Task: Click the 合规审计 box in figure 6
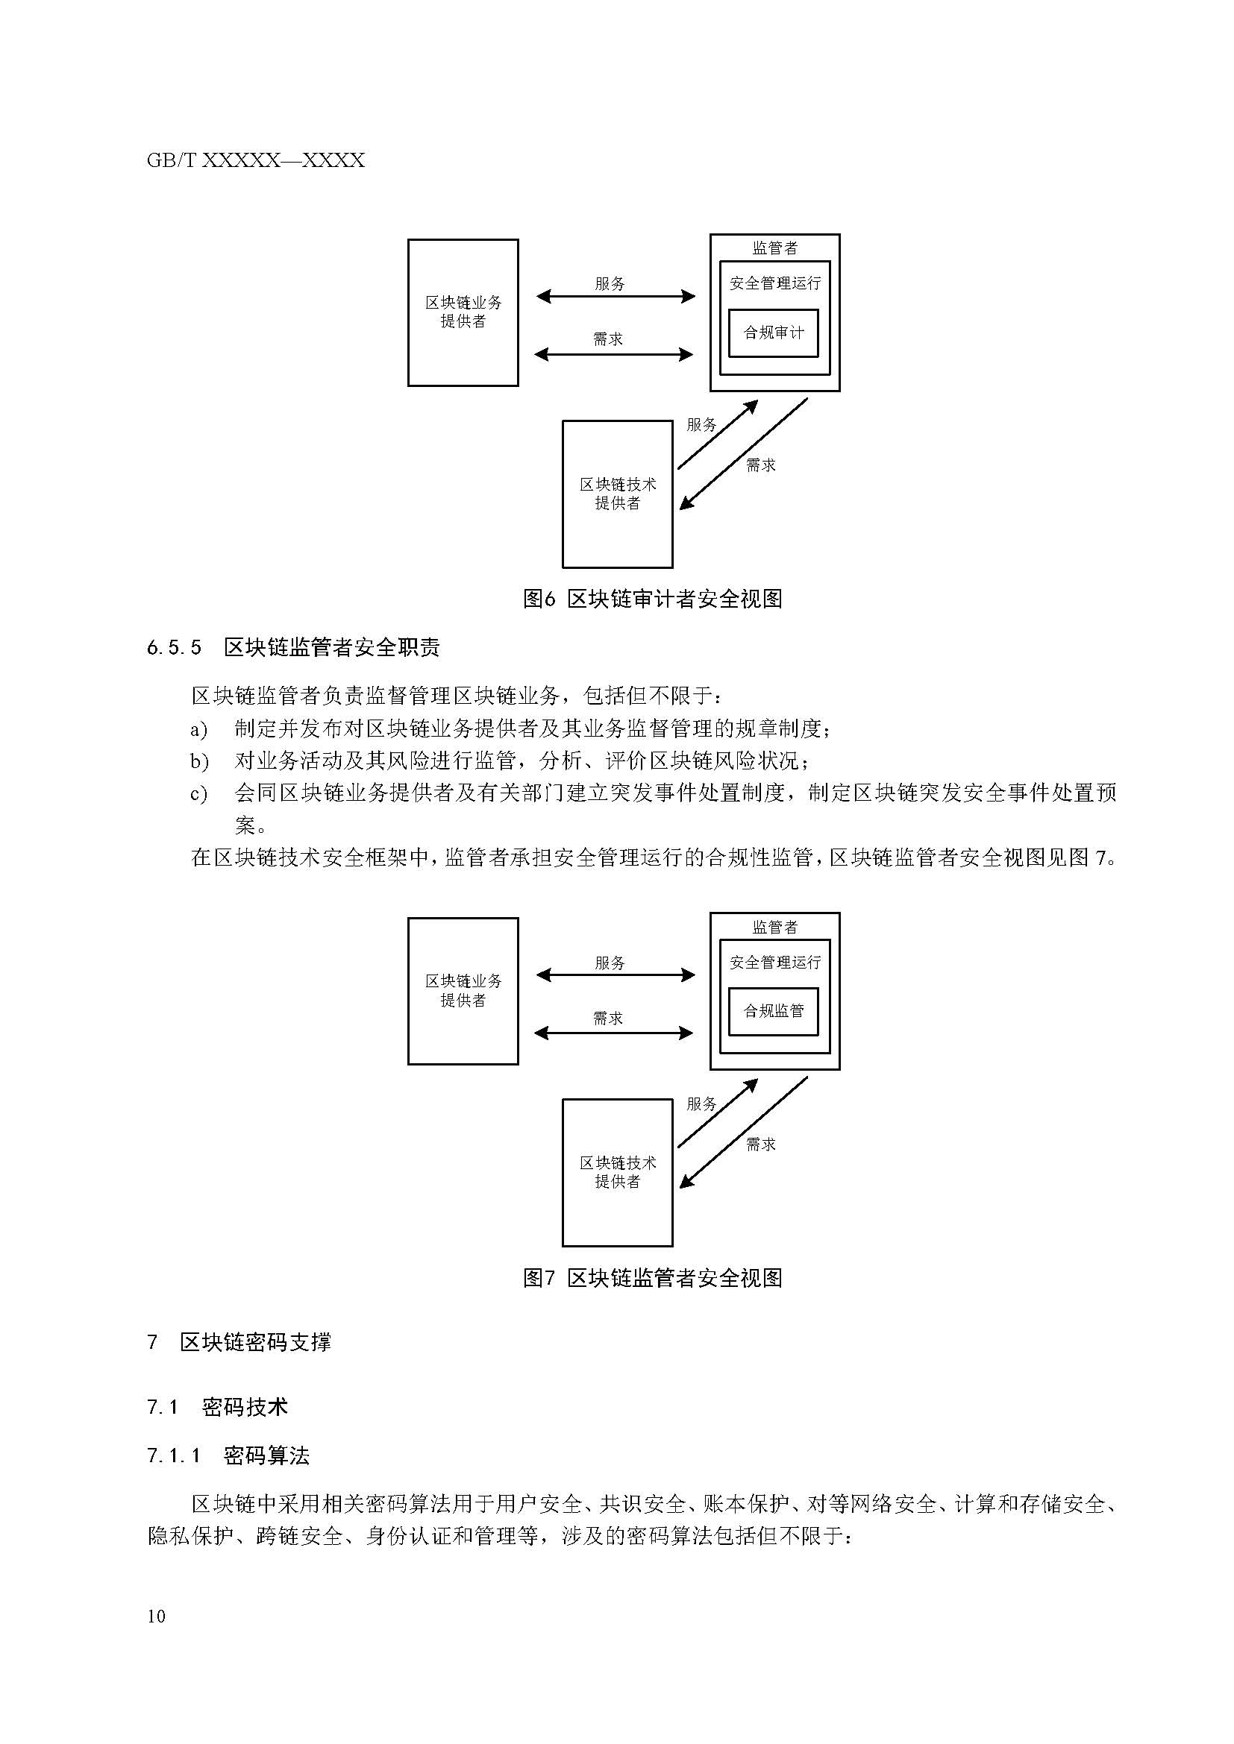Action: pos(773,333)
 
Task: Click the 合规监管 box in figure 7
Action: pos(773,1011)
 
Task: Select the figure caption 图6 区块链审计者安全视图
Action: pos(652,599)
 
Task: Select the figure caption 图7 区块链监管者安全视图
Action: pos(652,1278)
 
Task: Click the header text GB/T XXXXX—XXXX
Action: pos(255,160)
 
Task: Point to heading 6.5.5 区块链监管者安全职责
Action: pos(293,647)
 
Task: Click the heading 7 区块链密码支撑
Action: pos(239,1342)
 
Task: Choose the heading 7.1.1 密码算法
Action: pos(228,1455)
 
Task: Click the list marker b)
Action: pos(199,761)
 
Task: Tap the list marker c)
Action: pos(198,794)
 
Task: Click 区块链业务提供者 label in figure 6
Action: pos(463,312)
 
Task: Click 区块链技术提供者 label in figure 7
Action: pos(617,1172)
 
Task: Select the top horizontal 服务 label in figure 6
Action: pos(610,284)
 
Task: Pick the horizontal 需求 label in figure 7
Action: pos(608,1019)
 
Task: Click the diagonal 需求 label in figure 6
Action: pos(759,465)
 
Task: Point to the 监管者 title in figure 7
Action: pos(774,927)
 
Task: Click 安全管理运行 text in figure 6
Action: pos(774,283)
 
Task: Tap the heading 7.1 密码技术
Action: pos(218,1407)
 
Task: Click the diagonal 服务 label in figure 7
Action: pos(701,1104)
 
